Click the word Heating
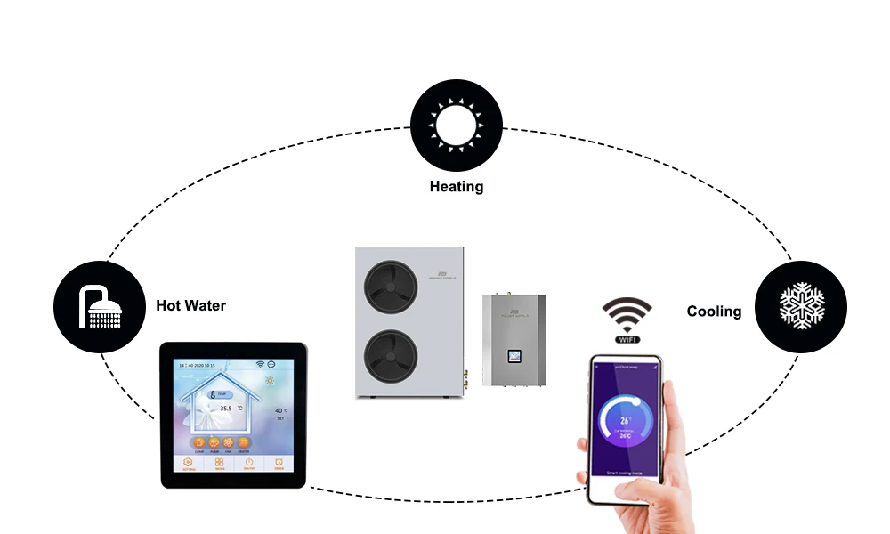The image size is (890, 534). point(457,187)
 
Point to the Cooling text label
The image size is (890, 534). point(714,311)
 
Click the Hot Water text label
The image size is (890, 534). point(190,306)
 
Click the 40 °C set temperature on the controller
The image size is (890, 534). point(279,410)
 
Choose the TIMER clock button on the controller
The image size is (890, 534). point(279,464)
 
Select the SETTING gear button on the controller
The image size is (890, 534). point(189,464)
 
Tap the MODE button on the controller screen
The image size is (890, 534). point(219,464)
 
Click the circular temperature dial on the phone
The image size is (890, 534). point(626,421)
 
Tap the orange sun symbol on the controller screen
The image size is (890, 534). point(269,381)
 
